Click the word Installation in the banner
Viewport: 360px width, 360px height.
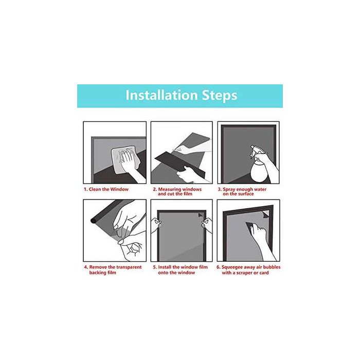click(161, 95)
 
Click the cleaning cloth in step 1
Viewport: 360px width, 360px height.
click(125, 159)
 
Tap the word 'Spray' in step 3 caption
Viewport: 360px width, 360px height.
click(229, 189)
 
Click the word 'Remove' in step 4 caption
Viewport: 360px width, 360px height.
click(98, 267)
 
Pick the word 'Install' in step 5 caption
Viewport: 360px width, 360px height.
click(165, 267)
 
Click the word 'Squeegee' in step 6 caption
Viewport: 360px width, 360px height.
click(232, 267)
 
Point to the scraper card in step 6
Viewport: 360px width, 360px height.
click(251, 226)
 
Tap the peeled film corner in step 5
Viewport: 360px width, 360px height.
click(201, 215)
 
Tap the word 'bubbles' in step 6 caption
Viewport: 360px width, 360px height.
click(272, 267)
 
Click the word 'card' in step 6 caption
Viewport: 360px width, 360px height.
click(264, 273)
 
